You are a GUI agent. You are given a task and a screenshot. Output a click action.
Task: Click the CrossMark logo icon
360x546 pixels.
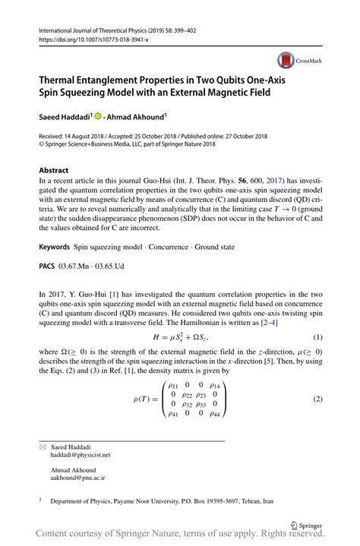coord(286,60)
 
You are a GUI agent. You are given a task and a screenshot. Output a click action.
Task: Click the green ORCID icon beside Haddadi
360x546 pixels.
coord(97,116)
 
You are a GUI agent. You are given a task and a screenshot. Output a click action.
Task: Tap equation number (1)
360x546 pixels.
coord(318,336)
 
